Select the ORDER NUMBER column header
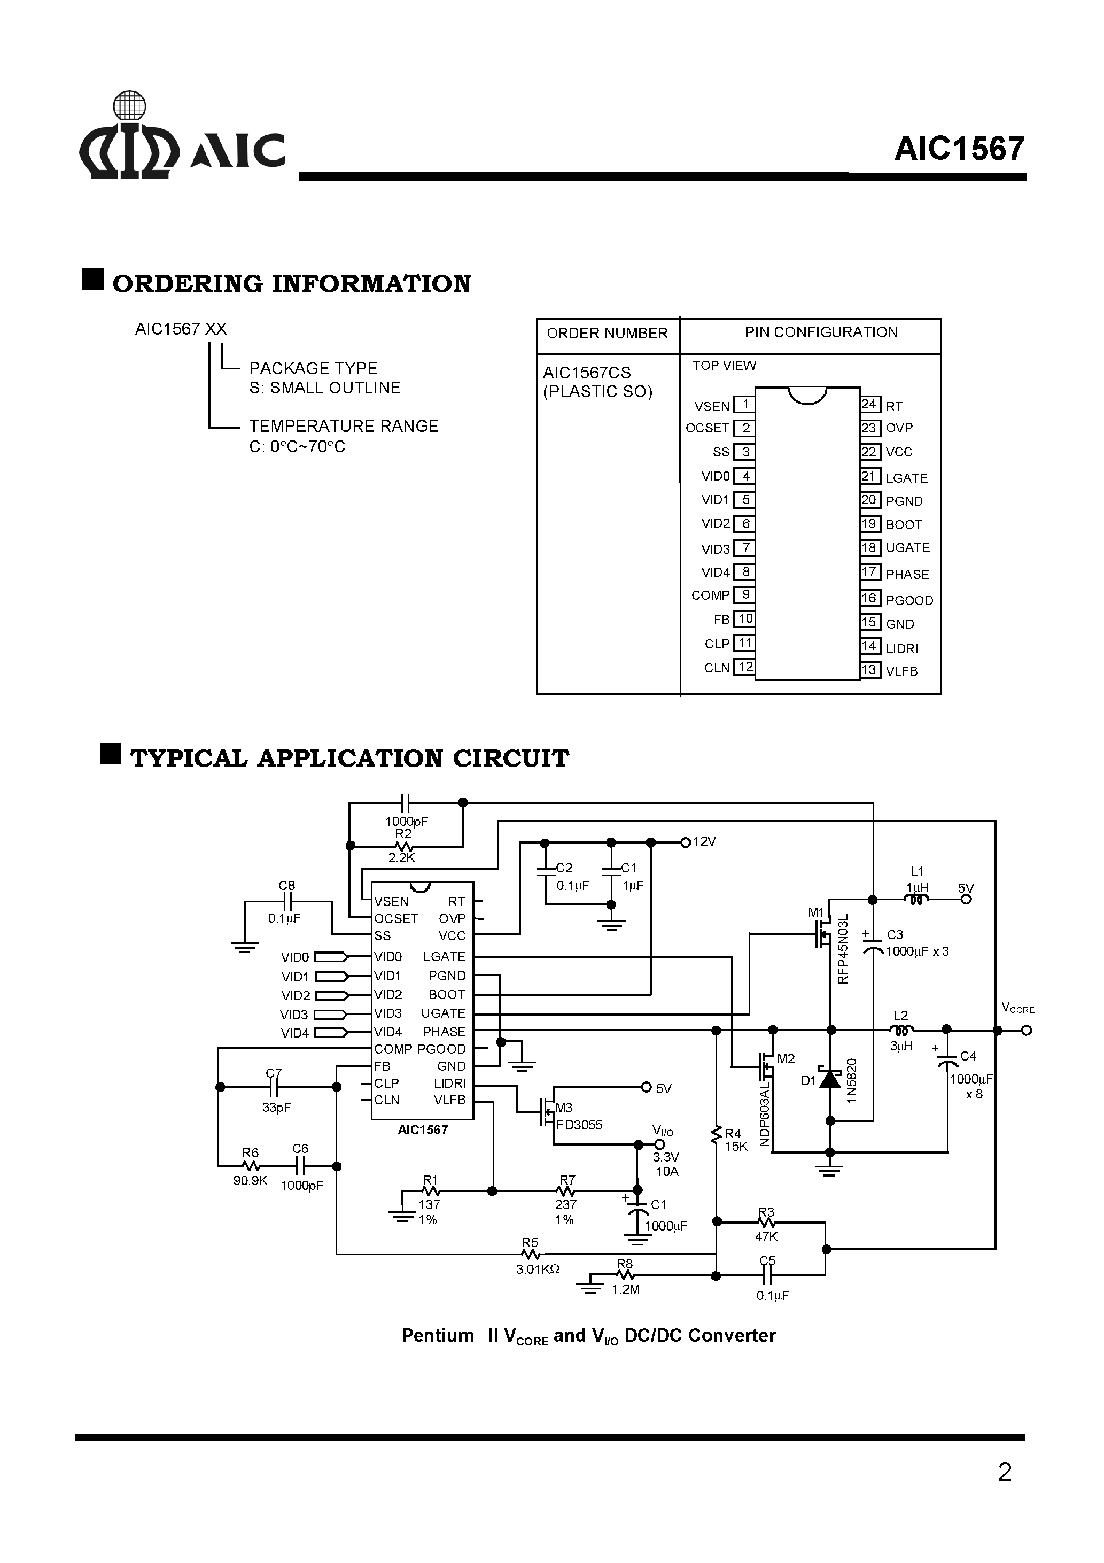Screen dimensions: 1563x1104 pyautogui.click(x=607, y=334)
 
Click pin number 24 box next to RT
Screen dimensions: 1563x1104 pyautogui.click(x=869, y=404)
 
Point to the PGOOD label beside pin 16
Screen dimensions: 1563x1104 pyautogui.click(x=908, y=600)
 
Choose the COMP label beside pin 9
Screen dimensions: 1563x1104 pyautogui.click(x=710, y=595)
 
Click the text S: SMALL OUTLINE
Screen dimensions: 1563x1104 pyautogui.click(x=325, y=388)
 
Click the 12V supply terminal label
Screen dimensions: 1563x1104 pyautogui.click(x=704, y=842)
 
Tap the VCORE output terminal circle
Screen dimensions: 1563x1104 pyautogui.click(x=1027, y=1031)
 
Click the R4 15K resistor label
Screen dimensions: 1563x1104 pyautogui.click(x=735, y=1140)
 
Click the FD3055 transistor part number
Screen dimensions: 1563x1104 pyautogui.click(x=579, y=1125)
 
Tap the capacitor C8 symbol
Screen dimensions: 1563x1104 pyautogui.click(x=287, y=903)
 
